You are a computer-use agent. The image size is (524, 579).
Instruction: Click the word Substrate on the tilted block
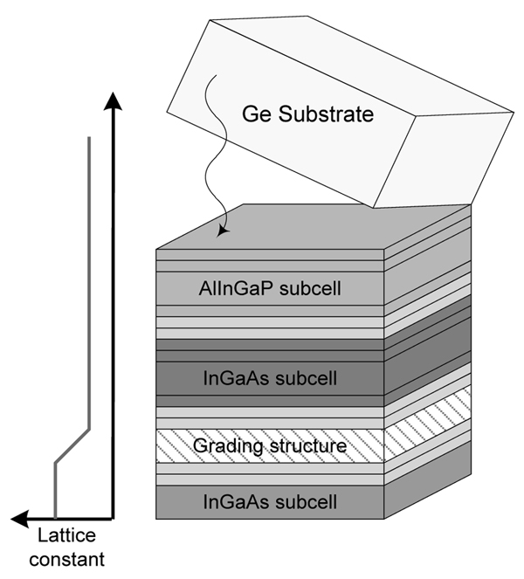coord(326,114)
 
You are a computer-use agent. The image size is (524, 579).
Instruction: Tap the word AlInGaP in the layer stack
coord(237,288)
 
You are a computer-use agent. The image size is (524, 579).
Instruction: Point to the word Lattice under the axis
coord(67,535)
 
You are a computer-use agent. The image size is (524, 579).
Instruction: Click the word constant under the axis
coord(67,559)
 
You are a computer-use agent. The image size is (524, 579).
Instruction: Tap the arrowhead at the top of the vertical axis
coord(113,100)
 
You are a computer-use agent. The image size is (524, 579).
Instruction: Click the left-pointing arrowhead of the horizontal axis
coord(20,519)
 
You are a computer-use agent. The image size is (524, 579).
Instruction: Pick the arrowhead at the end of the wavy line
coord(223,231)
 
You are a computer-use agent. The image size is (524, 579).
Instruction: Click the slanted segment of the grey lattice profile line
coord(72,445)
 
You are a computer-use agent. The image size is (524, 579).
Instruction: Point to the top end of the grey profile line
coord(89,137)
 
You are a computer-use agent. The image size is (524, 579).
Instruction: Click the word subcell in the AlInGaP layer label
coord(310,288)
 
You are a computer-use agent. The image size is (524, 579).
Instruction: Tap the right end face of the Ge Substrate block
coord(444,160)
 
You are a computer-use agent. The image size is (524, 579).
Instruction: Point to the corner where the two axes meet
coord(113,519)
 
